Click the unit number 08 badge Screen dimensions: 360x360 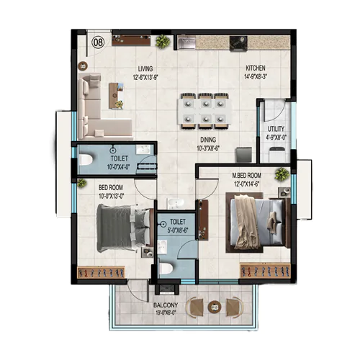coord(98,42)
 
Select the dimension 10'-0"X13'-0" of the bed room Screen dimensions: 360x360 coord(112,194)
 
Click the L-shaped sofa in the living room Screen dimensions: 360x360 coord(97,108)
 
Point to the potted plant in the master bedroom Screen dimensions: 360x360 coord(281,174)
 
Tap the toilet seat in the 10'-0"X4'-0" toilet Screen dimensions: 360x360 coord(83,162)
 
